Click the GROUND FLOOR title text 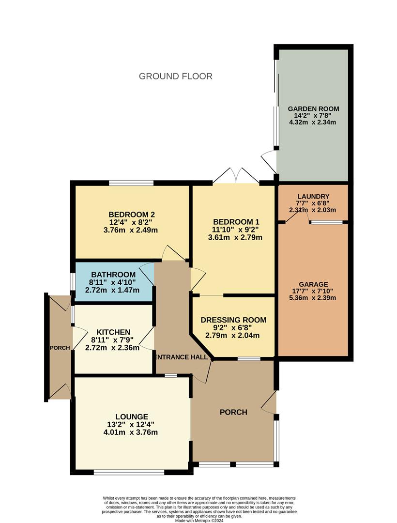[175, 76]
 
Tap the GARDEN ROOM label [313, 109]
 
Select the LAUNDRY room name [313, 196]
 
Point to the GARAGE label [313, 284]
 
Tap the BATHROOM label [112, 275]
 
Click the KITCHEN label [113, 332]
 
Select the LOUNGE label [131, 416]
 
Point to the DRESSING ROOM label [233, 320]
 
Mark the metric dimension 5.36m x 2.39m [313, 298]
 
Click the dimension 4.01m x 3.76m [131, 432]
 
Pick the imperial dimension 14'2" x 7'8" [313, 116]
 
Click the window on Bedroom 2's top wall [131, 183]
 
